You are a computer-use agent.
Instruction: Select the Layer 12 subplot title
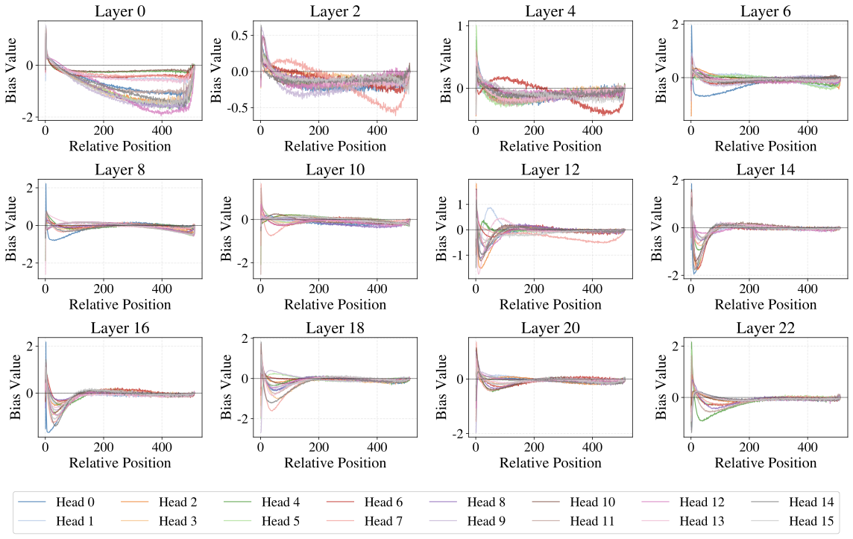pos(550,169)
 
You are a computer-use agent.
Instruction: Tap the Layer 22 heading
pos(766,328)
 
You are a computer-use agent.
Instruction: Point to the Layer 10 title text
pos(335,169)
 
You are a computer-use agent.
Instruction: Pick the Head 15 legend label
pos(810,521)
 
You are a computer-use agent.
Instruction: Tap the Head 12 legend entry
pos(702,502)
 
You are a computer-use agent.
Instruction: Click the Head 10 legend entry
pos(592,502)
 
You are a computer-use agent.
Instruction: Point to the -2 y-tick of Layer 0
pos(29,118)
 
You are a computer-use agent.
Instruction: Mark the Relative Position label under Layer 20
pos(550,463)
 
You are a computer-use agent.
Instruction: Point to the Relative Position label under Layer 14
pos(766,304)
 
